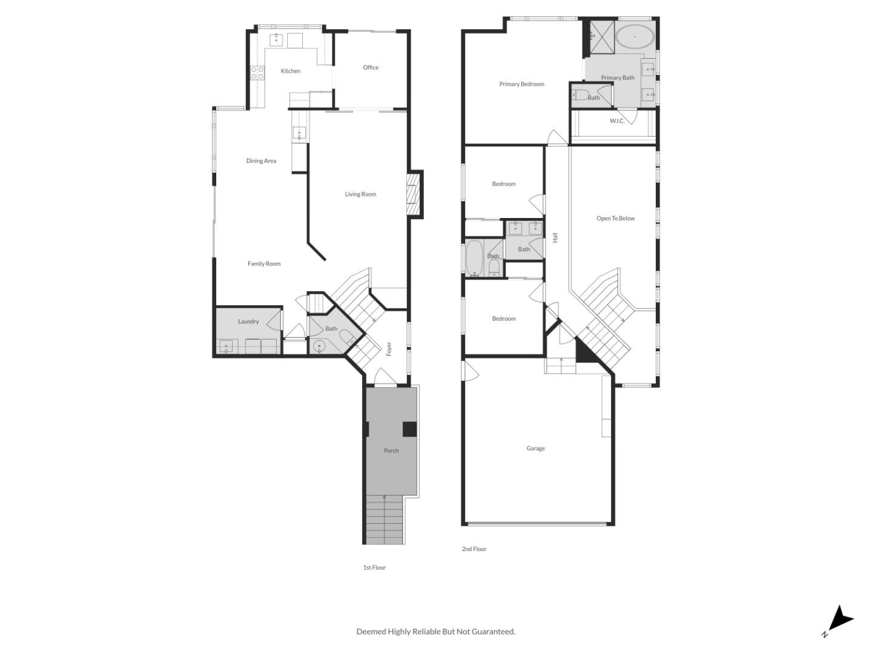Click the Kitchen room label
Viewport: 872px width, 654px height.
tap(290, 71)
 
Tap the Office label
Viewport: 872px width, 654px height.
tap(371, 68)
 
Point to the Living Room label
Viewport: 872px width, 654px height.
tap(360, 194)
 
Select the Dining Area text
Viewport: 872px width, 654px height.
tap(261, 161)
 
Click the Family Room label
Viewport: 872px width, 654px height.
tap(264, 264)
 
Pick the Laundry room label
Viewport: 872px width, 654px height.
tap(248, 322)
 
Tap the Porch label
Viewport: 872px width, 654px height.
tap(391, 451)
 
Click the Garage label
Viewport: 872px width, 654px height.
tap(535, 449)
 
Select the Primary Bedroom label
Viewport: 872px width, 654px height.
tap(521, 84)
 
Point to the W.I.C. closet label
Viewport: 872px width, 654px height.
tap(617, 121)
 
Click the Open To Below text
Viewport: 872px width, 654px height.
tap(615, 219)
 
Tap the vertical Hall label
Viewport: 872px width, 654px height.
tap(555, 238)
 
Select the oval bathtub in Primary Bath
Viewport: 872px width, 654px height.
tap(635, 37)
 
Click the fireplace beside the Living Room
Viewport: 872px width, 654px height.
tap(414, 194)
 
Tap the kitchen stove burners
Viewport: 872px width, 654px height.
tap(257, 73)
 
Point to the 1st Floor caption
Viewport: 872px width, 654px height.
tap(374, 568)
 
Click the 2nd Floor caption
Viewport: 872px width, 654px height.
tap(474, 549)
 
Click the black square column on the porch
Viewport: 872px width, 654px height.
tap(410, 429)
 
